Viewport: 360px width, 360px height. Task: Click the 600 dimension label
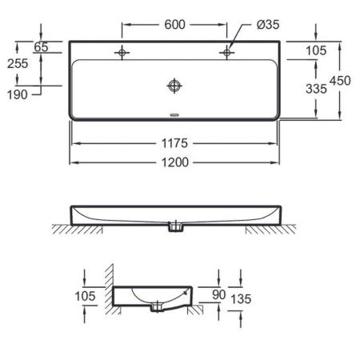[174, 25]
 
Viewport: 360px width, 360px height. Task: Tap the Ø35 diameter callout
[268, 25]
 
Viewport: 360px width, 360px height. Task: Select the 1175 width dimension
[174, 143]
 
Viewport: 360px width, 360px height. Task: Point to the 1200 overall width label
[175, 162]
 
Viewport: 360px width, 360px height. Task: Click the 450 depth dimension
[340, 81]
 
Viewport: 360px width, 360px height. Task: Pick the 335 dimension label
[316, 89]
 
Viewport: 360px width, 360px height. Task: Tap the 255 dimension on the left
[18, 63]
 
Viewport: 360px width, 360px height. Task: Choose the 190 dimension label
[17, 94]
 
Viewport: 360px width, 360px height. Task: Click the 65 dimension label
[41, 47]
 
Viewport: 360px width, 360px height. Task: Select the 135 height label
[241, 299]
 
